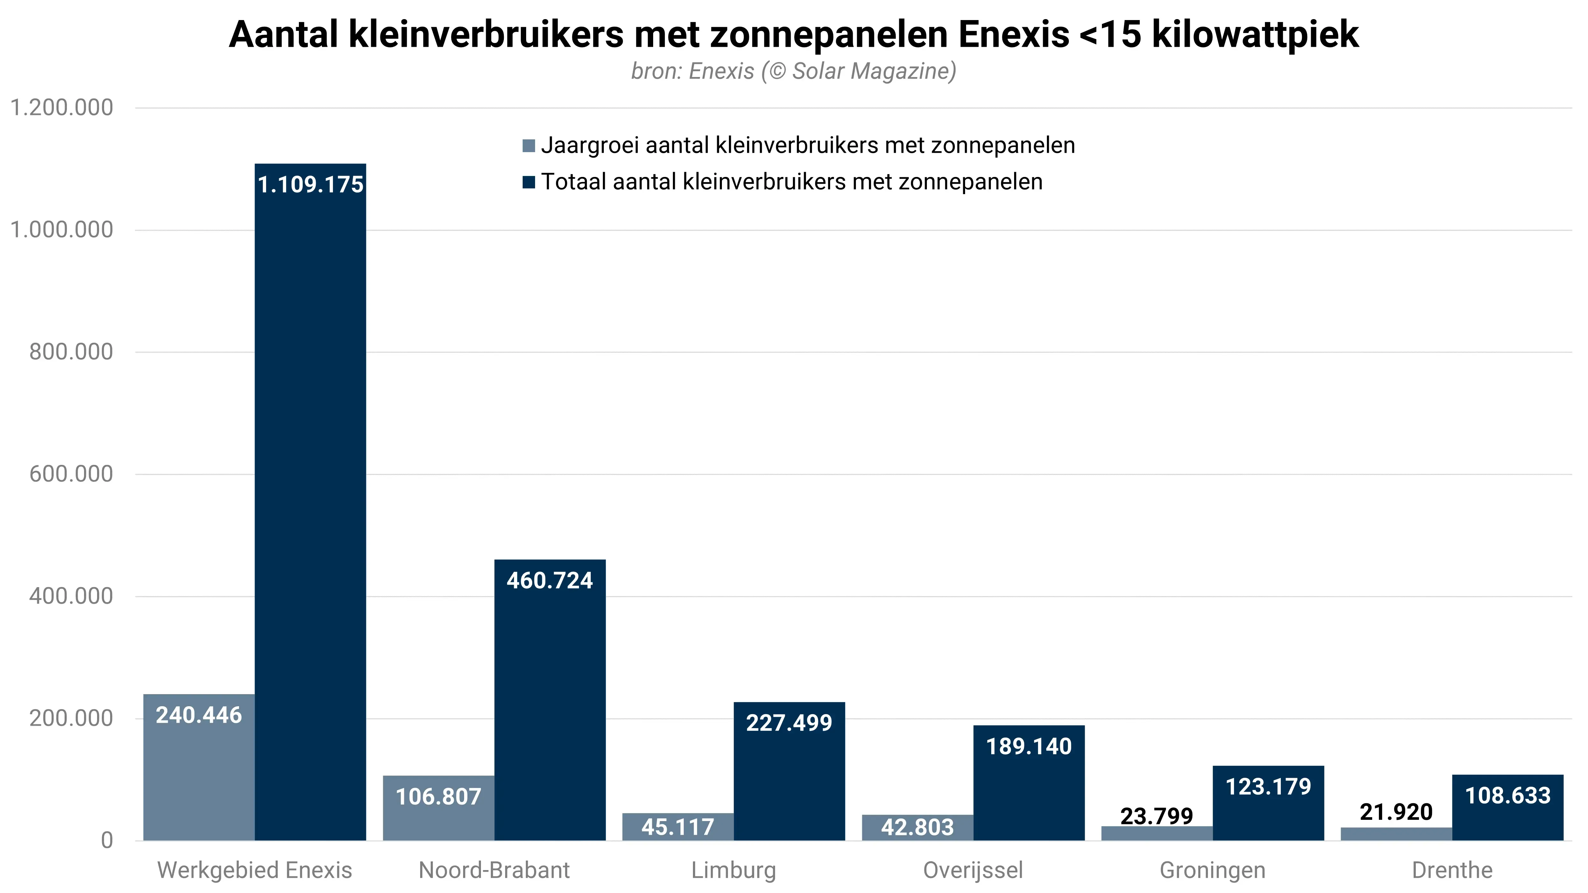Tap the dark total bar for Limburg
coord(789,783)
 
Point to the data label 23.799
coord(1156,816)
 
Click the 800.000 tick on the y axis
coord(71,352)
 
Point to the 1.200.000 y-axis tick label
coord(62,108)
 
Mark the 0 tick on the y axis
coord(107,840)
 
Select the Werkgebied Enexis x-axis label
coord(255,870)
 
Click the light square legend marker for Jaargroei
coord(528,146)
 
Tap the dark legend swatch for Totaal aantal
coord(528,182)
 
